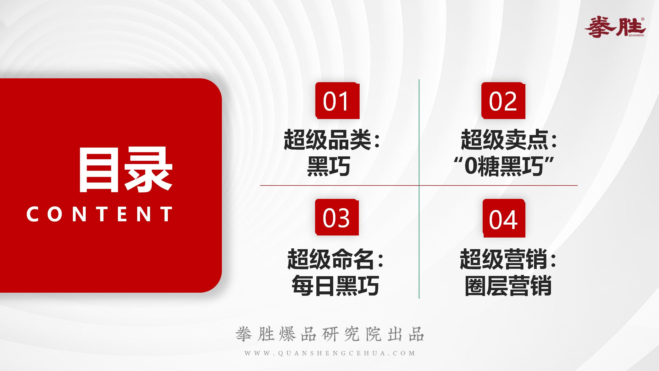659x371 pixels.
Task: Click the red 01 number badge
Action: (337, 100)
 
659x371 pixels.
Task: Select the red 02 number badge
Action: (503, 100)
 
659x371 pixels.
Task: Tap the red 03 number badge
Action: (337, 217)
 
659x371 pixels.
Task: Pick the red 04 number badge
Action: (504, 218)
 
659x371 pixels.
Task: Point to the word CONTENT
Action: (99, 214)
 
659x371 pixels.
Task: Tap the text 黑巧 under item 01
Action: (329, 166)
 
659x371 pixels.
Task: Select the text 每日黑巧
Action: (335, 286)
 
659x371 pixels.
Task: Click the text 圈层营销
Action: (508, 286)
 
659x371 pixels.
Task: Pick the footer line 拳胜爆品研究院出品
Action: (329, 334)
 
